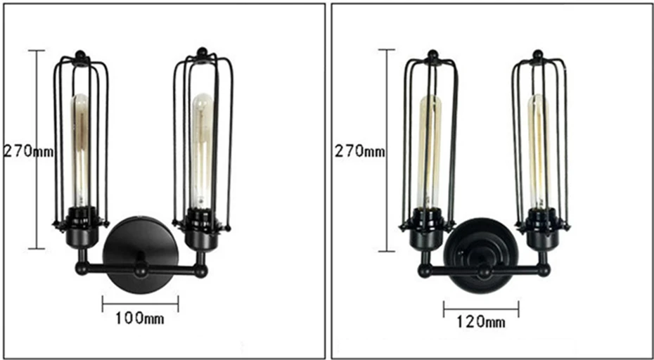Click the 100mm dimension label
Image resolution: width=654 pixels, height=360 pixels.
pyautogui.click(x=139, y=319)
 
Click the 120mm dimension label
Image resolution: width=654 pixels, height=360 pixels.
pyautogui.click(x=481, y=322)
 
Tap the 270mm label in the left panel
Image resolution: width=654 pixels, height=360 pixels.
pyautogui.click(x=28, y=151)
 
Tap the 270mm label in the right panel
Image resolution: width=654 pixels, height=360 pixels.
pyautogui.click(x=359, y=151)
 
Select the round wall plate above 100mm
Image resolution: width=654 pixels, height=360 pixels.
pyautogui.click(x=141, y=255)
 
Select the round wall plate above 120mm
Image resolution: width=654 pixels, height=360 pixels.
pyautogui.click(x=481, y=255)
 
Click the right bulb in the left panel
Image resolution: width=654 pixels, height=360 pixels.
pyautogui.click(x=202, y=150)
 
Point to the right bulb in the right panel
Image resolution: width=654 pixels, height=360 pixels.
pyautogui.click(x=539, y=151)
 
